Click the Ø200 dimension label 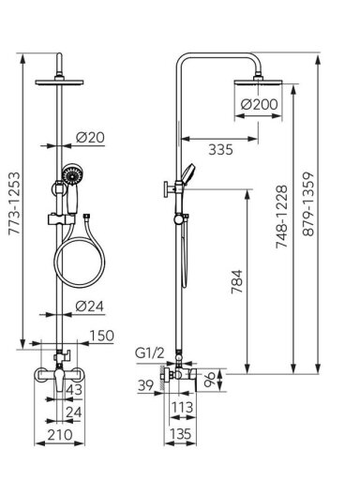point(259,104)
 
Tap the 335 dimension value point(220,150)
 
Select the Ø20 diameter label point(90,137)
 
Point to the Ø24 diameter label point(89,307)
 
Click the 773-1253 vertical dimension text point(14,202)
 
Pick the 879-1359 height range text point(308,203)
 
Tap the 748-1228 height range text point(281,217)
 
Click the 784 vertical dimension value point(236,281)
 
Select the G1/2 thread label point(149,353)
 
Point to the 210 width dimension point(60,434)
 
